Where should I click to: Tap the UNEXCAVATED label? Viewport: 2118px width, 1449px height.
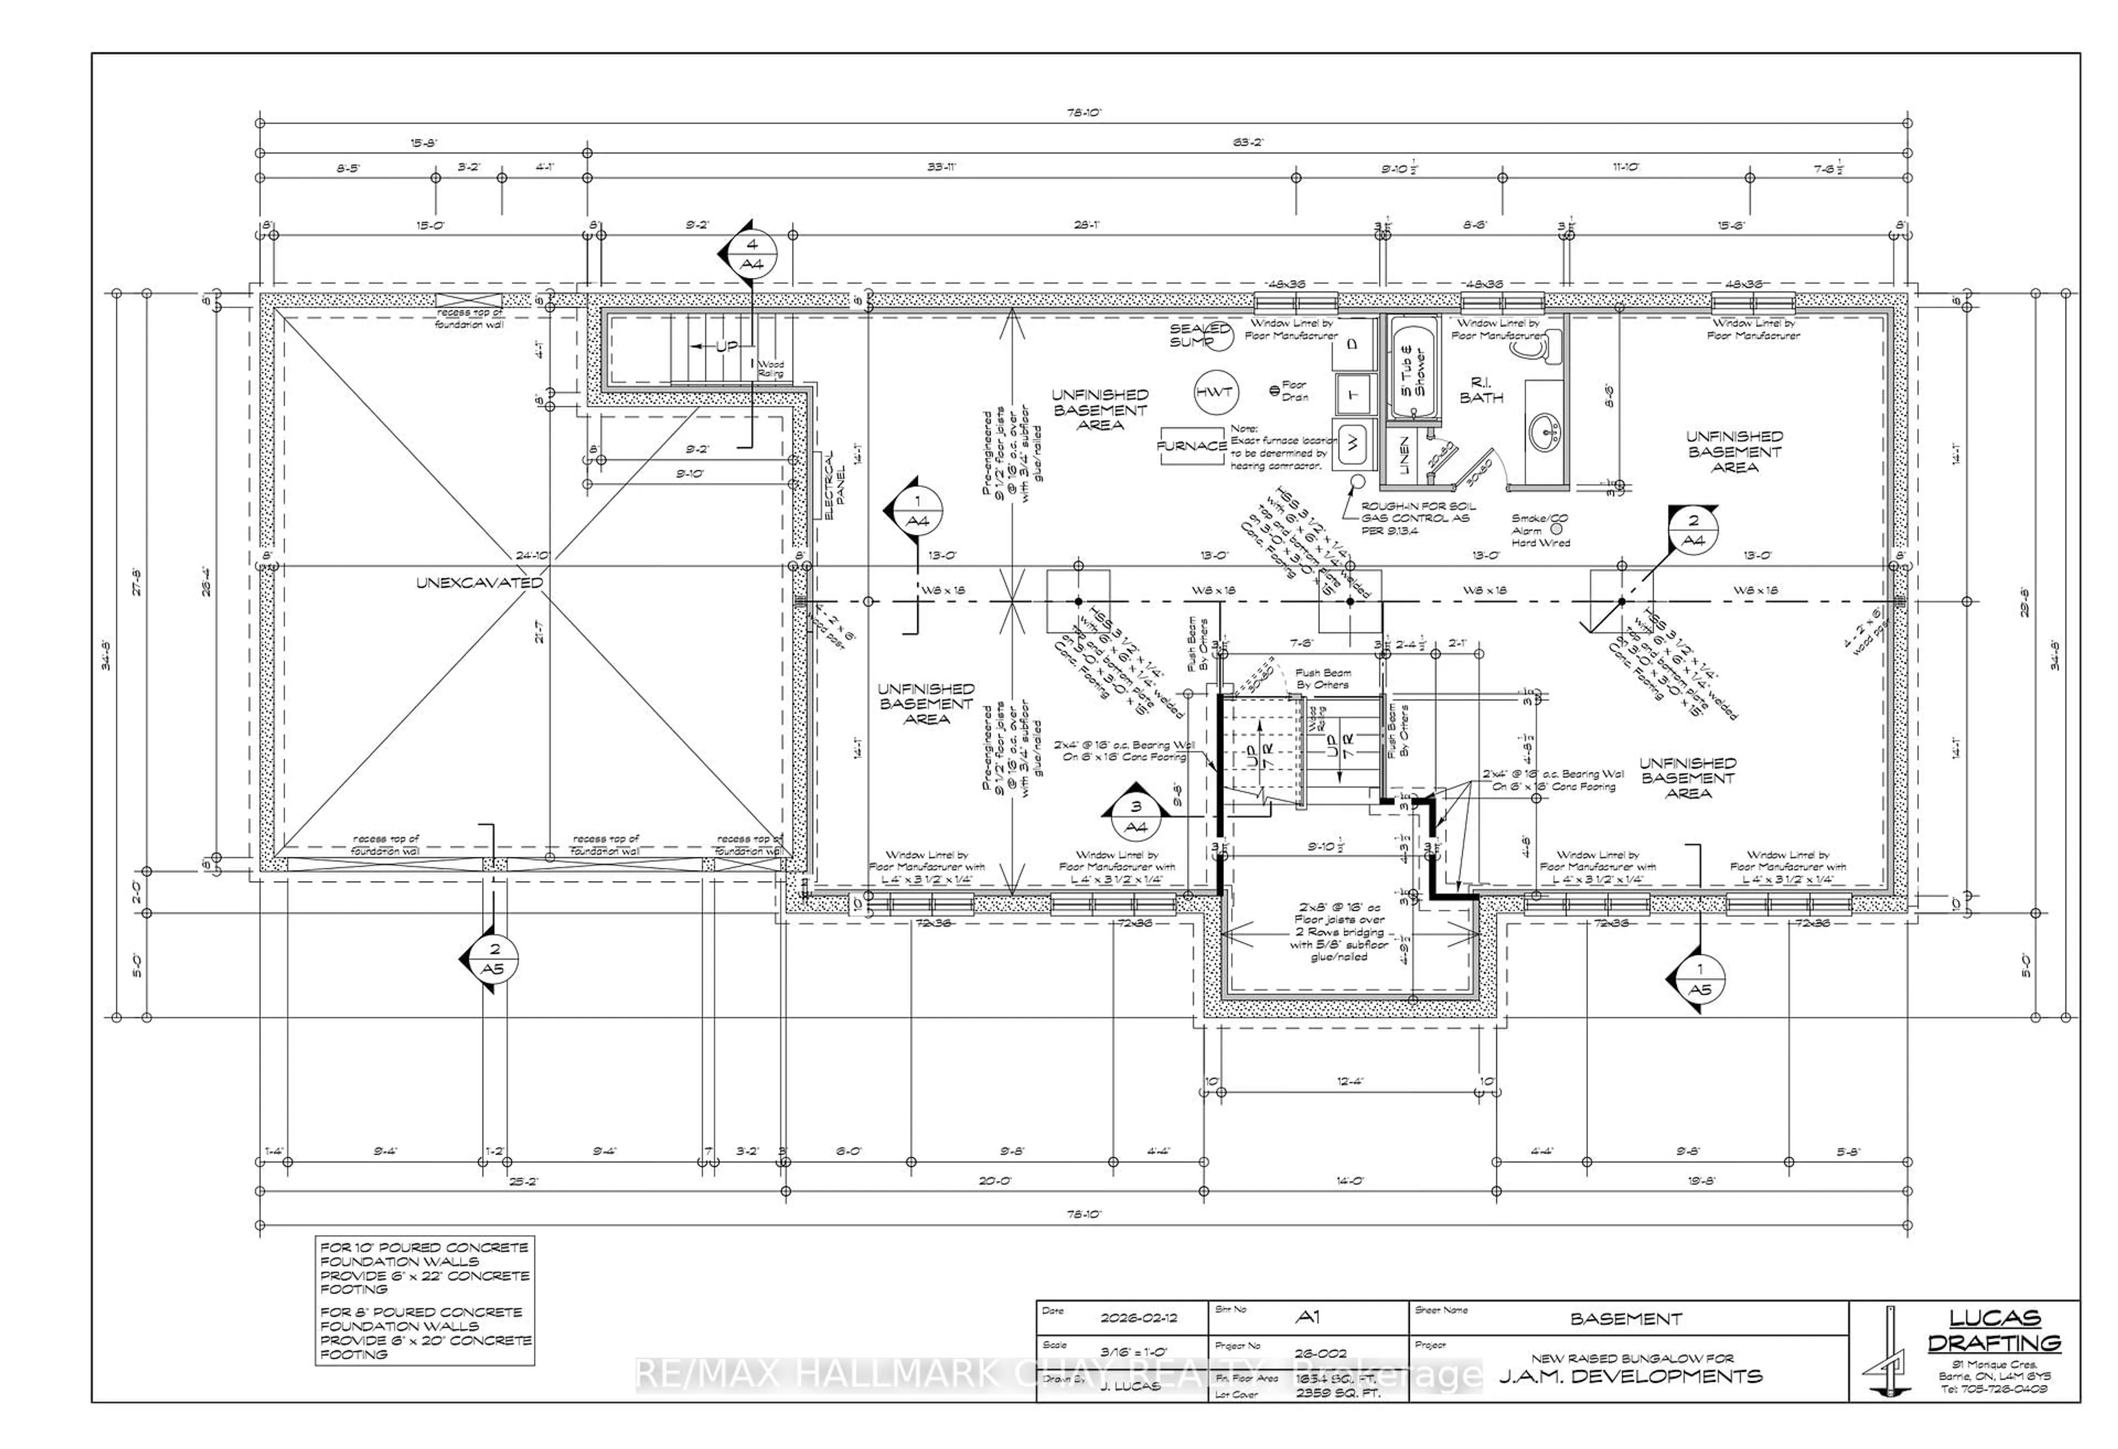pos(479,582)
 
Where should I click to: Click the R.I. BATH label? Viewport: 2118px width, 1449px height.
pos(1481,390)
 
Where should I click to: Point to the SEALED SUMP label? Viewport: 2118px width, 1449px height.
pos(1199,335)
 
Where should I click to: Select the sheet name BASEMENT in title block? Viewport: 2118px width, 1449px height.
pos(1626,1319)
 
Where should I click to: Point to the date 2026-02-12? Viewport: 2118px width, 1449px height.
pos(1138,1318)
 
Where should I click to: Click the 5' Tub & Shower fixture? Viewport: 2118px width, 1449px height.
pos(1413,369)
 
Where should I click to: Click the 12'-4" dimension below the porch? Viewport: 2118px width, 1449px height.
pos(1350,1082)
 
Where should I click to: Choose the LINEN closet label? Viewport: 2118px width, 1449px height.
pos(1404,455)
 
